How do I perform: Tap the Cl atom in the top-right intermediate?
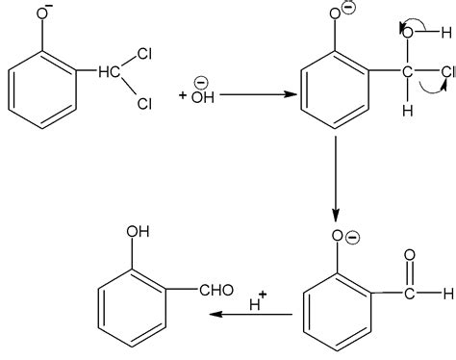pyautogui.click(x=445, y=69)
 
